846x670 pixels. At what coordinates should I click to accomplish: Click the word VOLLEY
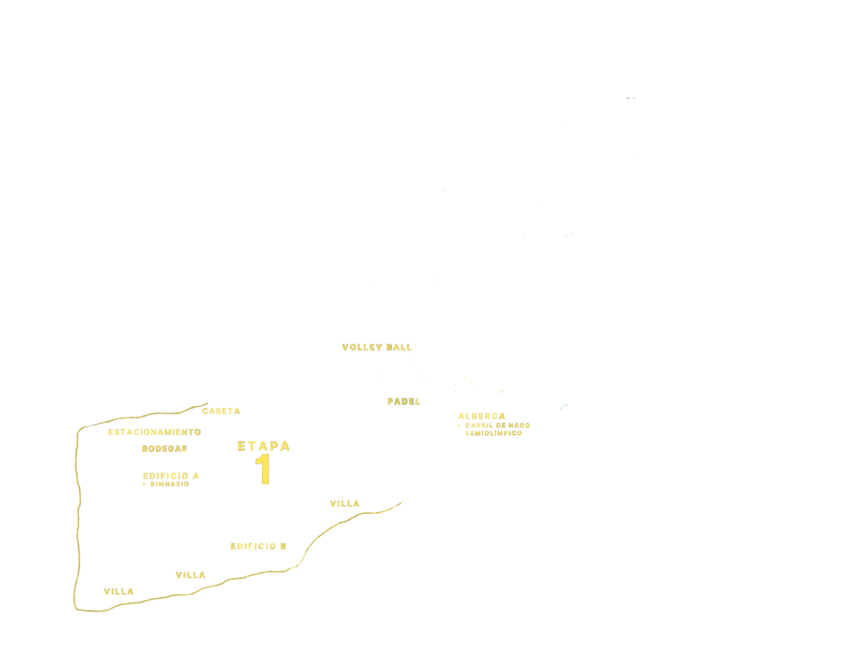(x=362, y=347)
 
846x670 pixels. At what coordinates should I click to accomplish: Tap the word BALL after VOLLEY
(x=399, y=347)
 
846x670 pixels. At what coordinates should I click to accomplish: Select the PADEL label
(x=404, y=401)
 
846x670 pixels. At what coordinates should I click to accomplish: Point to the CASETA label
(x=221, y=411)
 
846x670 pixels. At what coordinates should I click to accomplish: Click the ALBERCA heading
(x=482, y=416)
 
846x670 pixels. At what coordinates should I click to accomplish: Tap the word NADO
(x=519, y=426)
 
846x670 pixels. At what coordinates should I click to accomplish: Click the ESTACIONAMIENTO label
(x=155, y=432)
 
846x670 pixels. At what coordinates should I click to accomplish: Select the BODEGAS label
(x=164, y=449)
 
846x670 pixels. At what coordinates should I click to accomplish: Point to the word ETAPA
(x=264, y=446)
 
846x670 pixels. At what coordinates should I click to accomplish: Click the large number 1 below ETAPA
(x=263, y=469)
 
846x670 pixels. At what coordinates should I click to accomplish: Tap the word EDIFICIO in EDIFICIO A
(x=166, y=476)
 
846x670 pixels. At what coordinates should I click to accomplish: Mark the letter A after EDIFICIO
(x=196, y=476)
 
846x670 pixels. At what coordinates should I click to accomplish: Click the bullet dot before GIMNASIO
(x=144, y=485)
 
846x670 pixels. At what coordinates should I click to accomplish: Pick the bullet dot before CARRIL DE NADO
(x=459, y=426)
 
